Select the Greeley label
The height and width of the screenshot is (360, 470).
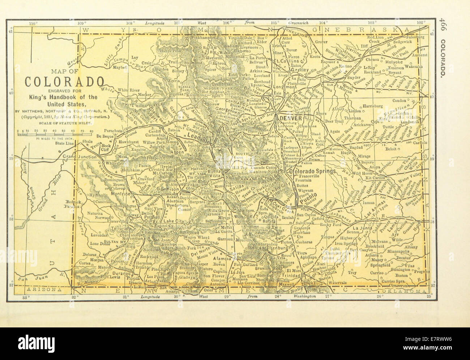[x=299, y=69]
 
